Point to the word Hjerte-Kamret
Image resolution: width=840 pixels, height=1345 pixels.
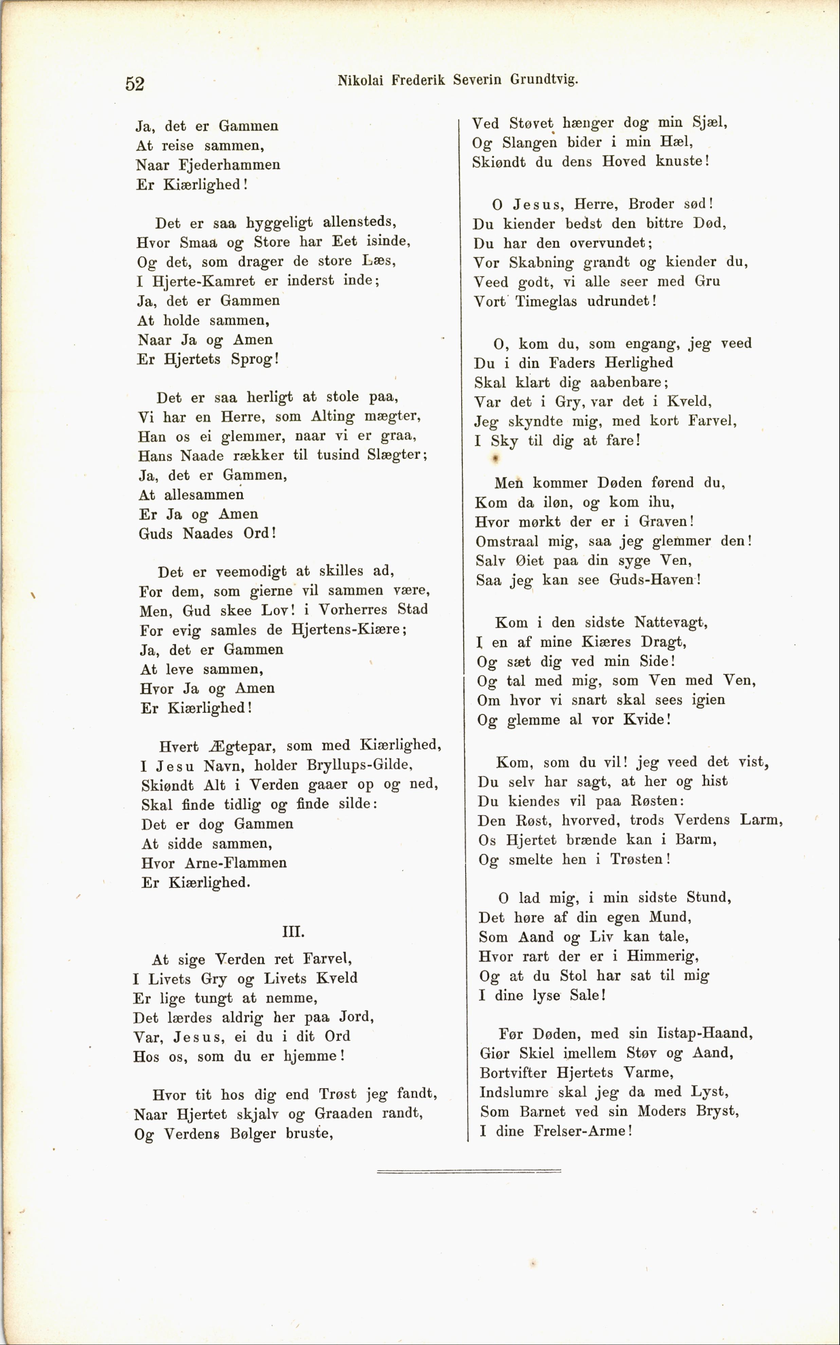(x=203, y=281)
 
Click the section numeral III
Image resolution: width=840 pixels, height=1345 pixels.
(x=293, y=931)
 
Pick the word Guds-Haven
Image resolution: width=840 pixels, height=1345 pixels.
(x=654, y=580)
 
